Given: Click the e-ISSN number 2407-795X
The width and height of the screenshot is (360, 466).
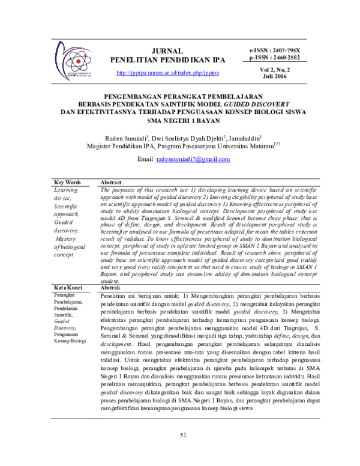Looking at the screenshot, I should pyautogui.click(x=287, y=50).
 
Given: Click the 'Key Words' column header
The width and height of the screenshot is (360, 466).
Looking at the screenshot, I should pyautogui.click(x=67, y=182).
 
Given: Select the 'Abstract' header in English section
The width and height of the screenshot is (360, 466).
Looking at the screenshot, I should pyautogui.click(x=112, y=182).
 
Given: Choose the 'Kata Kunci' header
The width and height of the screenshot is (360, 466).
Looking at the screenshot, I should pyautogui.click(x=67, y=288).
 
